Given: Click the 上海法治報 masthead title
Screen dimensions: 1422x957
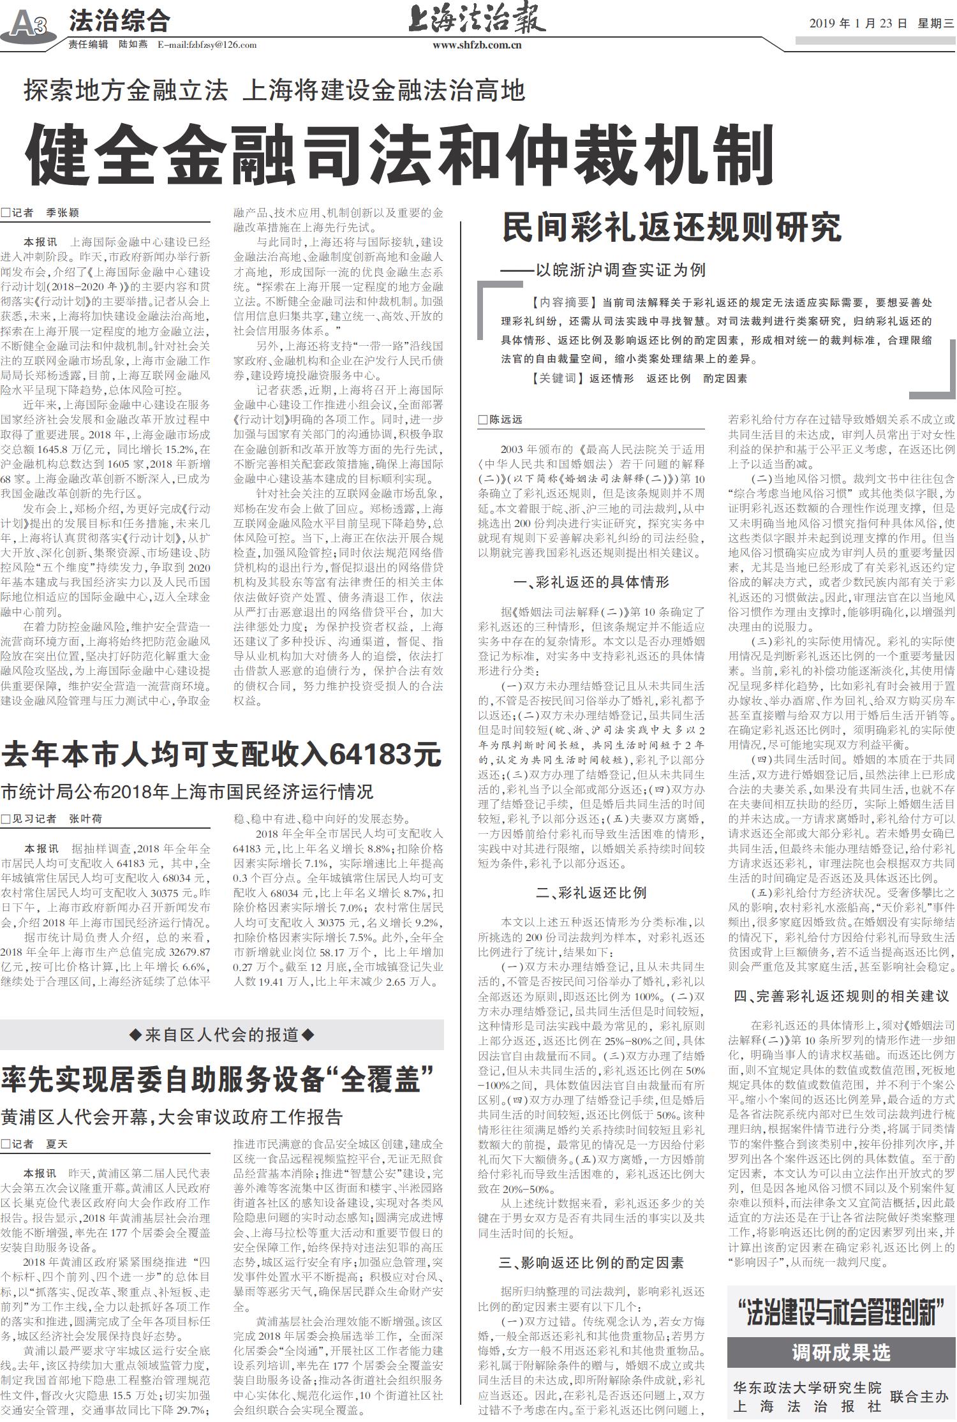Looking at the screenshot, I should click(x=477, y=19).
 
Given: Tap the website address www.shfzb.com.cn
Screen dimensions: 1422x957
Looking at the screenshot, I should click(x=477, y=45).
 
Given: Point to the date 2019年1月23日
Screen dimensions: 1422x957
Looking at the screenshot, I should click(x=858, y=24).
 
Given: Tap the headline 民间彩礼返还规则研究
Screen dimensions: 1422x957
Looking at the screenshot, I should click(x=672, y=227).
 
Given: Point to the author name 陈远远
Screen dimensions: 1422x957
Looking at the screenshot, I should click(x=505, y=419).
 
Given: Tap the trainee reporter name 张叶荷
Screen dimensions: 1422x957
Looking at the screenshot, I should click(x=85, y=818).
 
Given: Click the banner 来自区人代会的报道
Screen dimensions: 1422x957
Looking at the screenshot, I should click(x=221, y=1034).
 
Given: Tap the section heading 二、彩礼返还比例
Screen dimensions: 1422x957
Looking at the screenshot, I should click(x=591, y=892).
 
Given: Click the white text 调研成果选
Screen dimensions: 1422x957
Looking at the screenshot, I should click(x=841, y=1352).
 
